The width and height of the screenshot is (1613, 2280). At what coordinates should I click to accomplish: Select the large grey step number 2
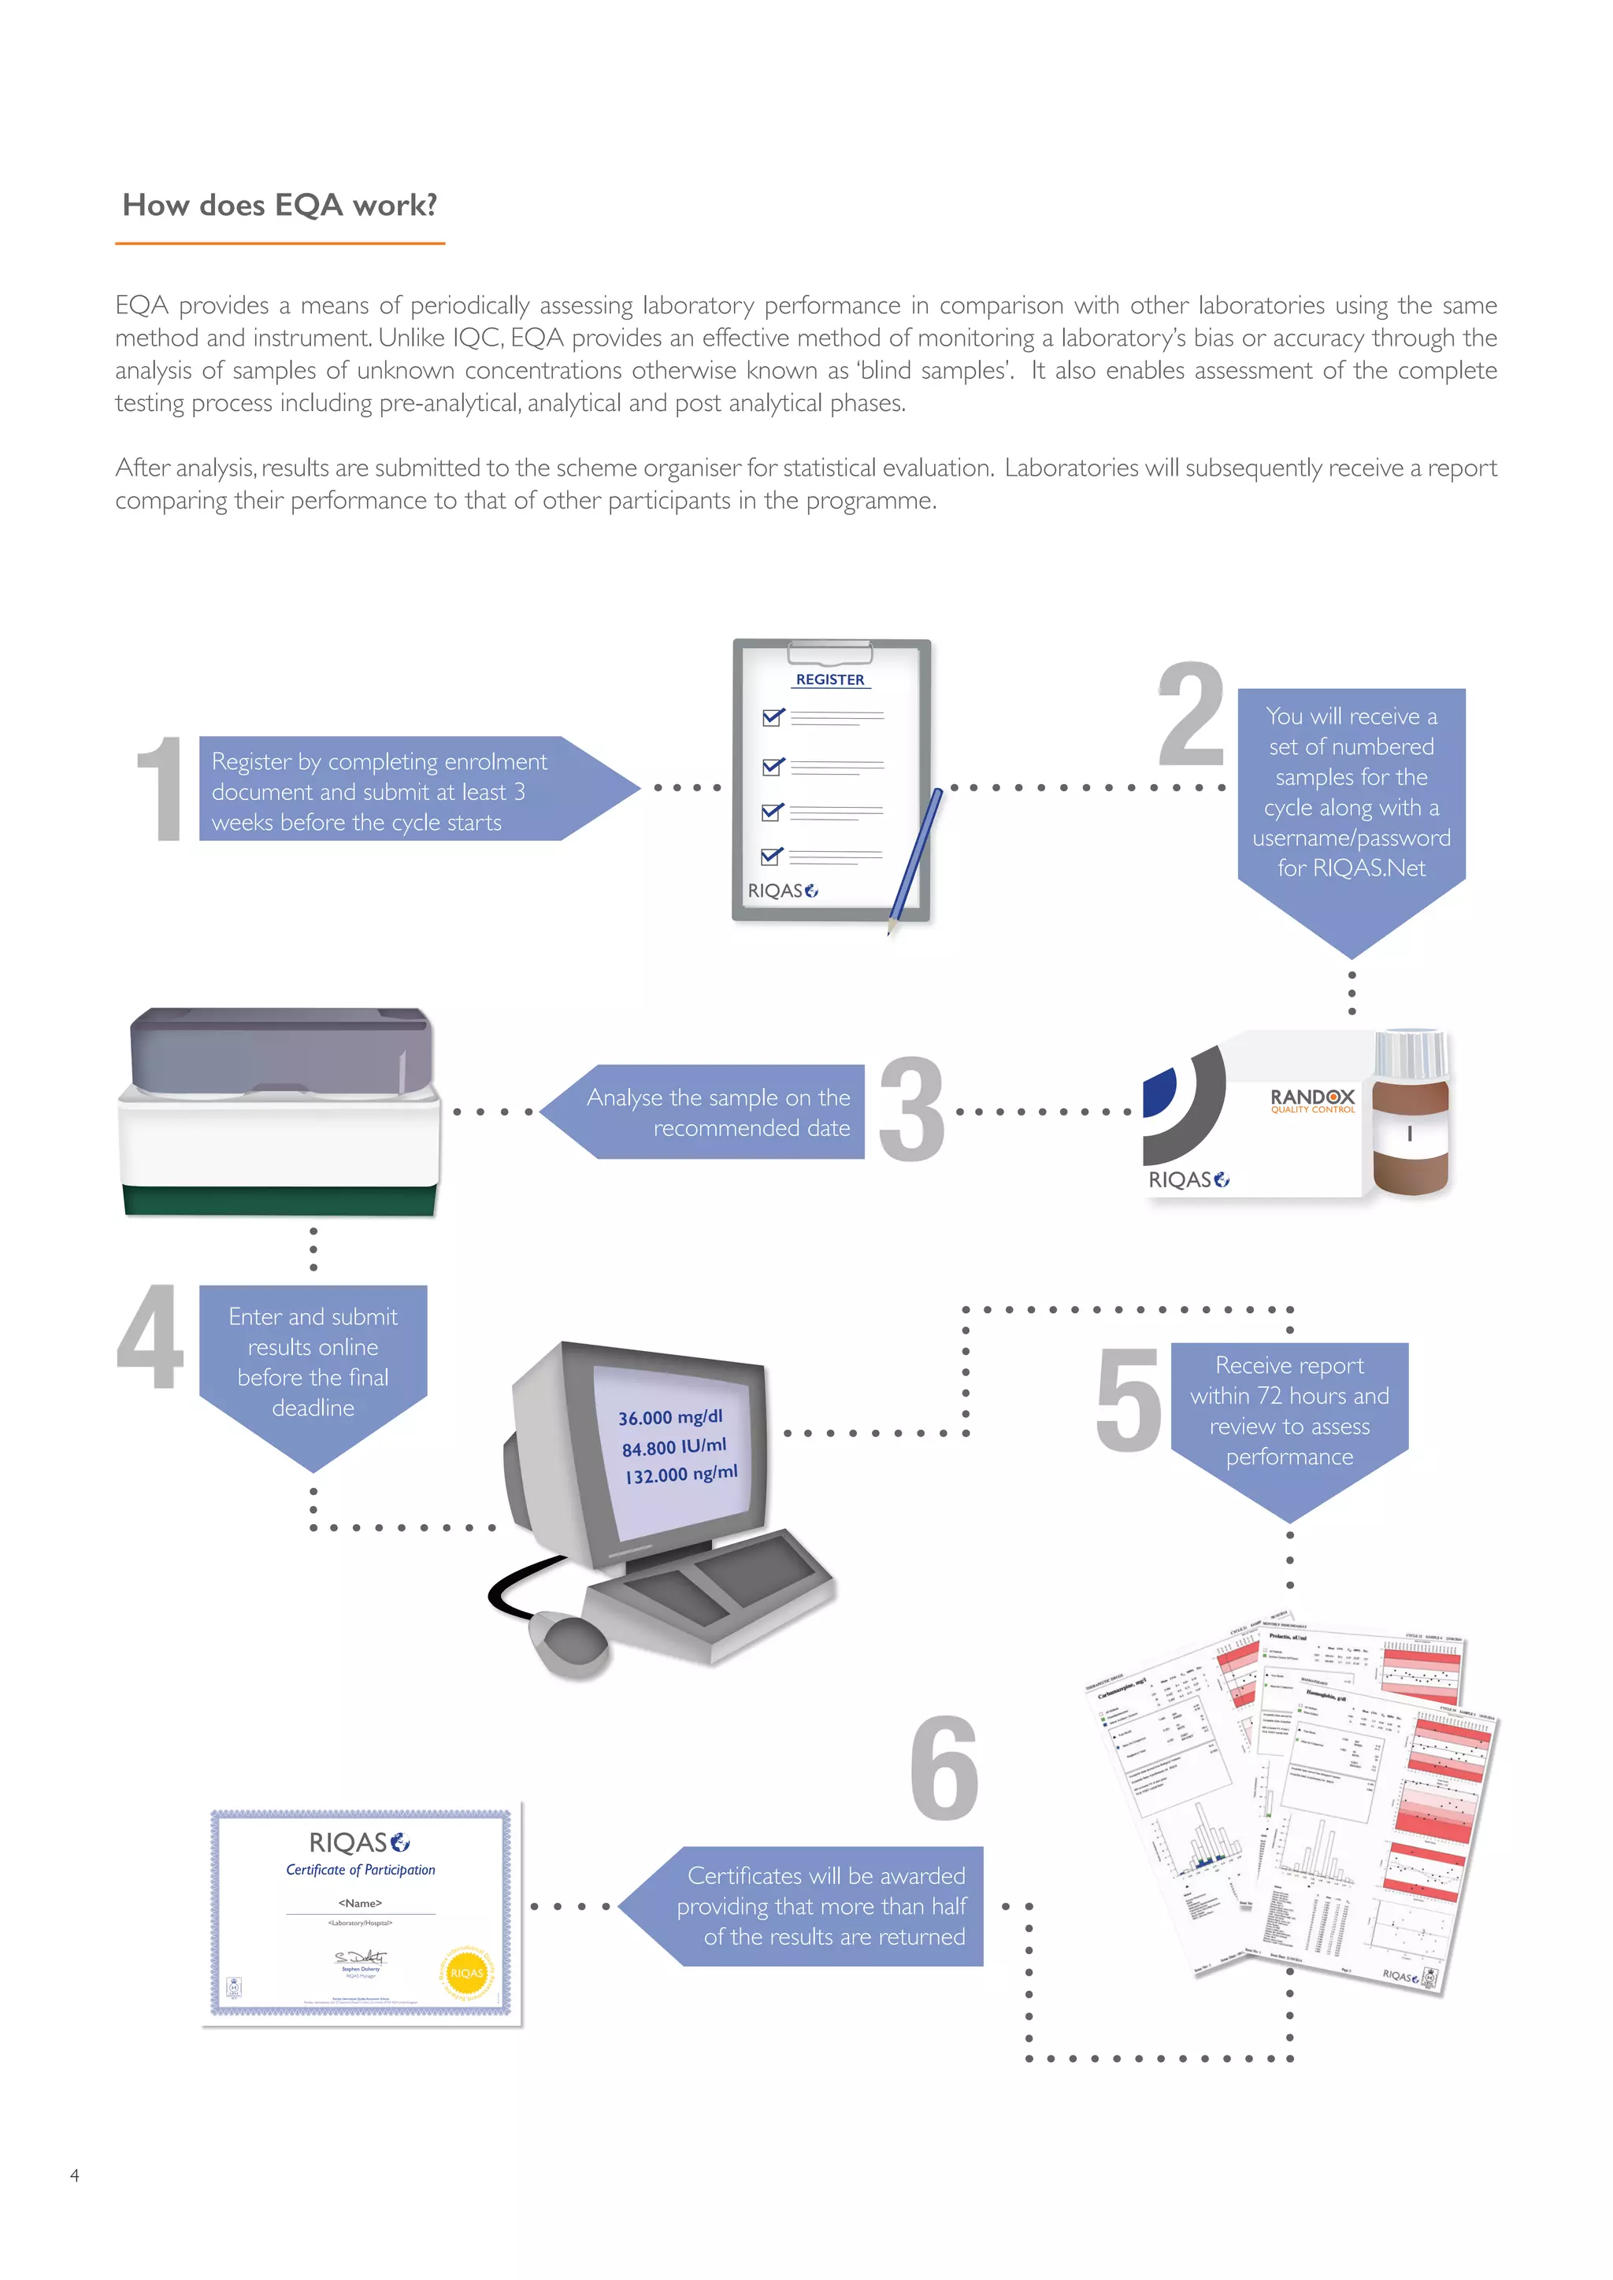tap(1191, 715)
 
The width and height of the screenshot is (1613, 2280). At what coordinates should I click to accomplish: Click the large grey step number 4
tap(151, 1337)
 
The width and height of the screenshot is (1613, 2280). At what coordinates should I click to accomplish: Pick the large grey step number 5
tap(1129, 1400)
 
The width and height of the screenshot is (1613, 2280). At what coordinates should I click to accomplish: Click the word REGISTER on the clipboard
tap(830, 680)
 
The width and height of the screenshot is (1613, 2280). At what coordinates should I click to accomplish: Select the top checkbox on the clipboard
tap(772, 717)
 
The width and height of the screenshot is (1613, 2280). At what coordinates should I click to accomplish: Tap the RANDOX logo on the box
tap(1312, 1097)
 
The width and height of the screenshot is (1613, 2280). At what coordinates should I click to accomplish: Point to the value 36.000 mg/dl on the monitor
tap(670, 1417)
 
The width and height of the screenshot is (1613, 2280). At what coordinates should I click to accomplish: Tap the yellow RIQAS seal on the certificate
tap(467, 1972)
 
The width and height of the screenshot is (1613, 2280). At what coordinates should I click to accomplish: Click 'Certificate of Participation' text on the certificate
tap(361, 1870)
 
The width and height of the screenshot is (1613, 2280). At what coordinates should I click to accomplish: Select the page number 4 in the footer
tap(75, 2175)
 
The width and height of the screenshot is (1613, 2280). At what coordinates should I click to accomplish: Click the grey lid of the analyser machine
tap(281, 1049)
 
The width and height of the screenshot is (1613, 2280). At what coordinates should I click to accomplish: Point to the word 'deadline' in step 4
tap(313, 1408)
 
